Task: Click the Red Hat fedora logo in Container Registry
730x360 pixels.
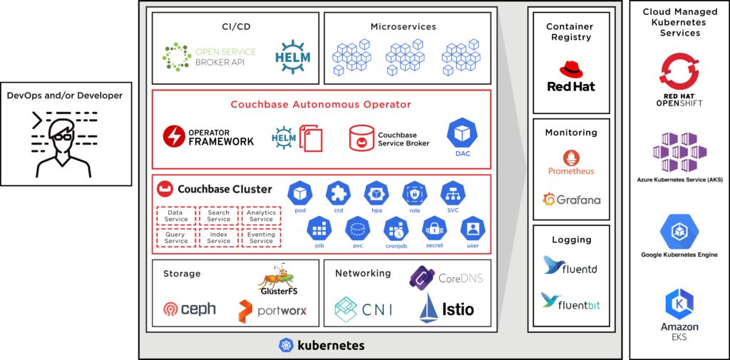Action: (x=570, y=69)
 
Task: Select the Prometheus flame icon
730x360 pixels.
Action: (x=570, y=158)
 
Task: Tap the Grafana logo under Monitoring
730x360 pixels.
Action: (x=550, y=200)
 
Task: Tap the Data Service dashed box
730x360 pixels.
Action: (x=175, y=216)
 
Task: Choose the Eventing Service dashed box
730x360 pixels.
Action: (x=261, y=237)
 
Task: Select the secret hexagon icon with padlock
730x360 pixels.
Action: (x=433, y=229)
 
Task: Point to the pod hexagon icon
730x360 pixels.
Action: (x=300, y=192)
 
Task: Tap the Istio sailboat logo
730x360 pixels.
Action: (x=428, y=307)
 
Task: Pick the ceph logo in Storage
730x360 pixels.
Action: (x=172, y=309)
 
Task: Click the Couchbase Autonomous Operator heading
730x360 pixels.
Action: (x=321, y=105)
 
